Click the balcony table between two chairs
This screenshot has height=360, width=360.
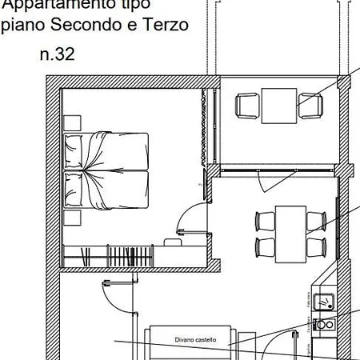[278, 105]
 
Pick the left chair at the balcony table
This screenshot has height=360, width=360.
[247, 105]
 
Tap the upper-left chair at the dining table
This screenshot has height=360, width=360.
[264, 219]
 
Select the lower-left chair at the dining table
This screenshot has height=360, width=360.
[264, 244]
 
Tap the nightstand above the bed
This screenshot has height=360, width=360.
[73, 122]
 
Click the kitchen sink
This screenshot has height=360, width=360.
[325, 302]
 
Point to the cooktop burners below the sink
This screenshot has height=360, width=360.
[325, 325]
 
